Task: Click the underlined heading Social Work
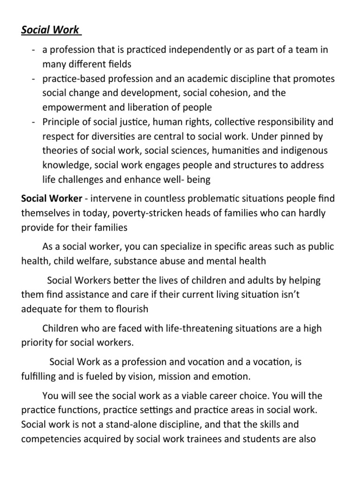click(x=51, y=30)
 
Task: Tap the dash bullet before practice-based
click(x=30, y=79)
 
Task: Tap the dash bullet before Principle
click(x=30, y=122)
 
